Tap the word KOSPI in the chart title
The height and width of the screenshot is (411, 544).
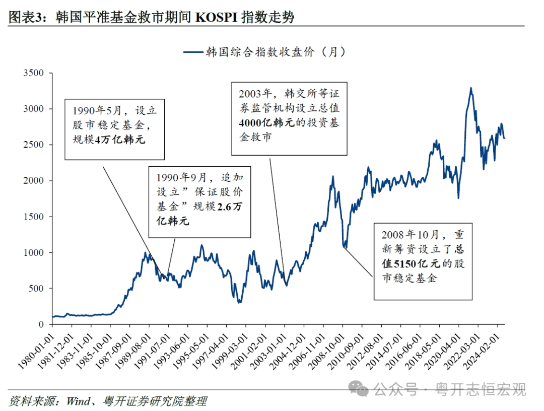tap(216, 18)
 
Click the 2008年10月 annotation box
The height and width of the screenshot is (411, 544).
tap(423, 261)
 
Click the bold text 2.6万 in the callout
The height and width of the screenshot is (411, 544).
tap(232, 207)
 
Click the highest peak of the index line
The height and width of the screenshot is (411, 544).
tap(471, 88)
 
